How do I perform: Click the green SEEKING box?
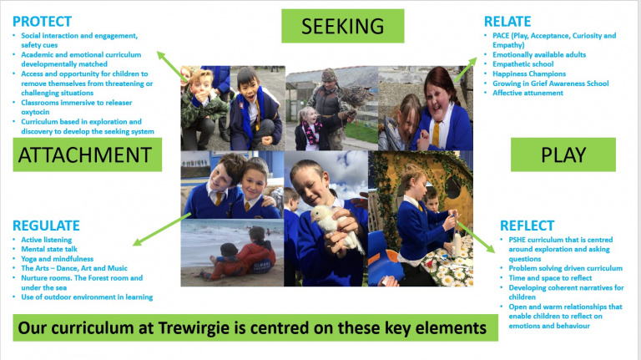(x=342, y=26)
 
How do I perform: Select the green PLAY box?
(x=563, y=155)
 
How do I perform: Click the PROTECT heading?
(x=43, y=21)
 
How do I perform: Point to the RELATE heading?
(x=508, y=21)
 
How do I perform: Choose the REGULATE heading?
(x=47, y=226)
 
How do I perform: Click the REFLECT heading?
(x=527, y=226)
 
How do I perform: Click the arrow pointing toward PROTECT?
(x=172, y=66)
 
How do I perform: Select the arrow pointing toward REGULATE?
(x=162, y=229)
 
